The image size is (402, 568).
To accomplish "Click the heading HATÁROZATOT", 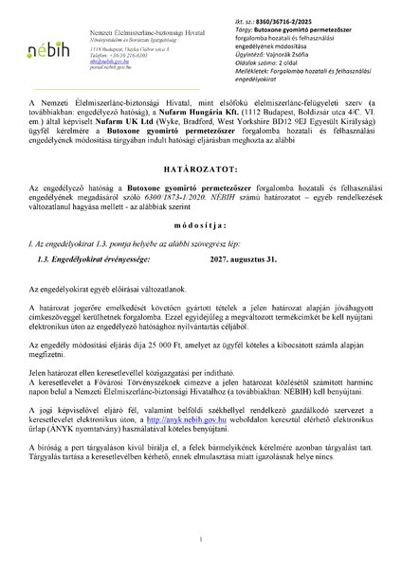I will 201,206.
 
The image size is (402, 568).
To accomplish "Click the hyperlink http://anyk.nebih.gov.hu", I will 188,467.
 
